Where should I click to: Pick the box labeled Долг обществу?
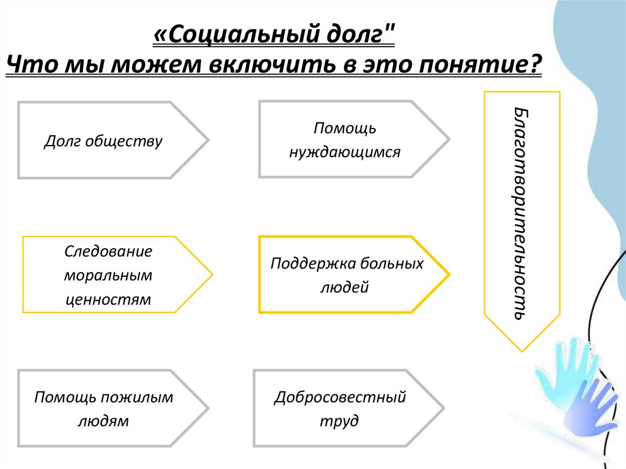click(x=103, y=141)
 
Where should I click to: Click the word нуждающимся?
click(x=345, y=152)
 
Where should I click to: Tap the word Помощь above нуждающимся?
click(x=345, y=128)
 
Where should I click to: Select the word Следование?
click(x=108, y=251)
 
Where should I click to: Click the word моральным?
click(x=108, y=275)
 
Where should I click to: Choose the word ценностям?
click(x=108, y=300)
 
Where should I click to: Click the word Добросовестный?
click(x=340, y=397)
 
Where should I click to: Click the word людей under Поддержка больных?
click(x=344, y=287)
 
